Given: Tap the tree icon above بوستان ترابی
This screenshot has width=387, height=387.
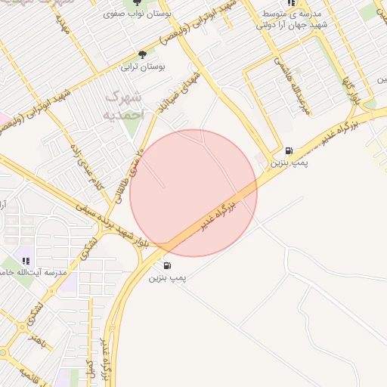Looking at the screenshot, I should click(142, 54).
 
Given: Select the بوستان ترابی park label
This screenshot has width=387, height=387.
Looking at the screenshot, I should click(143, 67).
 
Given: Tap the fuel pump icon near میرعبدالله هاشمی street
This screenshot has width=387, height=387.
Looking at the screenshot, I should click(289, 150).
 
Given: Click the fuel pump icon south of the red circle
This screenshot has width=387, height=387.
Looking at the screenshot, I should click(166, 265).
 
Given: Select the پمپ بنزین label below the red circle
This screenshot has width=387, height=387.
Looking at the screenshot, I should click(166, 278).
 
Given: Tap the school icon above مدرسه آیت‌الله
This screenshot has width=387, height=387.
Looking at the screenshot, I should click(26, 261).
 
